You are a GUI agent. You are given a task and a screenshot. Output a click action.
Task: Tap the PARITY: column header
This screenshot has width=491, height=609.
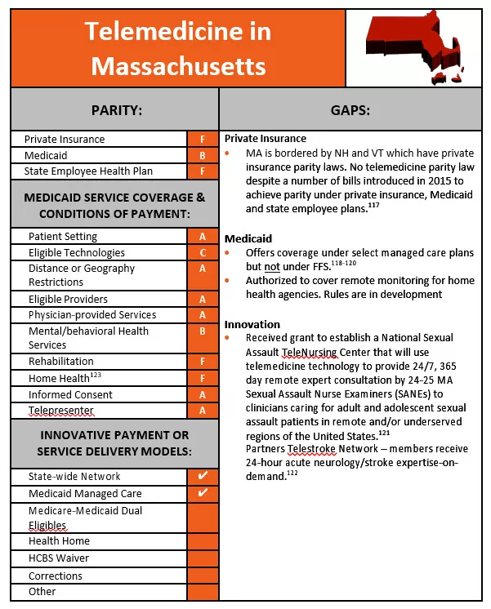[x=116, y=109]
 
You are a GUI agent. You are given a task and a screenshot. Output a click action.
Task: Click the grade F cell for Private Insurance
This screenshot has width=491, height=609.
[x=203, y=140]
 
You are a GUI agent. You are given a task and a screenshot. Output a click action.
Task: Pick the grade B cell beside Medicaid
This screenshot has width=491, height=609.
[x=203, y=155]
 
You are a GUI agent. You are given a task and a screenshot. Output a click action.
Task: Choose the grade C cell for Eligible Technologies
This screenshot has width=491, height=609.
[x=203, y=253]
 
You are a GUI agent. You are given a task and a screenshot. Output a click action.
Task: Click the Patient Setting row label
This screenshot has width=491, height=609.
[x=63, y=237]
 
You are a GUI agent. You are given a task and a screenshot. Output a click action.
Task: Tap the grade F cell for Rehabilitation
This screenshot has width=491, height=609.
[x=203, y=362]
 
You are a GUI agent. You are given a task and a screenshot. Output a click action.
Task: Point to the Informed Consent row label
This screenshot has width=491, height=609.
[x=70, y=394]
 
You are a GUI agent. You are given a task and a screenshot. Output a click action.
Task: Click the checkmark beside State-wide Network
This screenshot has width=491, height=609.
[x=203, y=476]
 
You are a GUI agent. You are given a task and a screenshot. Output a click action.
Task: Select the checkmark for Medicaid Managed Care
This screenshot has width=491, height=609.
[x=203, y=493]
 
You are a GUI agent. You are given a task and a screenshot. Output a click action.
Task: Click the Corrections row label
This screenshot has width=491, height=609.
[x=56, y=576]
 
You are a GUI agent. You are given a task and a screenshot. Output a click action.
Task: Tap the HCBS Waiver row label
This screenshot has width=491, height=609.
[x=59, y=558]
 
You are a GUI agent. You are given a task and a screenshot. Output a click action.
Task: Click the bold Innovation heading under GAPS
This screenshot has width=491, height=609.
[x=252, y=324]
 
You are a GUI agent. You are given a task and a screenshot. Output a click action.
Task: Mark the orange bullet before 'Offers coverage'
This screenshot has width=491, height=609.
[x=229, y=252]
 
